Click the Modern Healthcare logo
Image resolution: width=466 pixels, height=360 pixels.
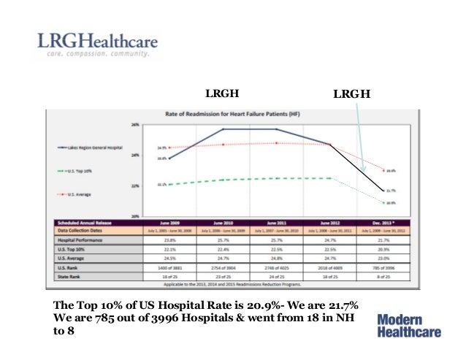click(410, 325)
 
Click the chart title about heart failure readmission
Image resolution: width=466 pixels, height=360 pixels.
click(232, 114)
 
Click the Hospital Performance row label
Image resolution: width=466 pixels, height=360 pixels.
click(76, 238)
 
